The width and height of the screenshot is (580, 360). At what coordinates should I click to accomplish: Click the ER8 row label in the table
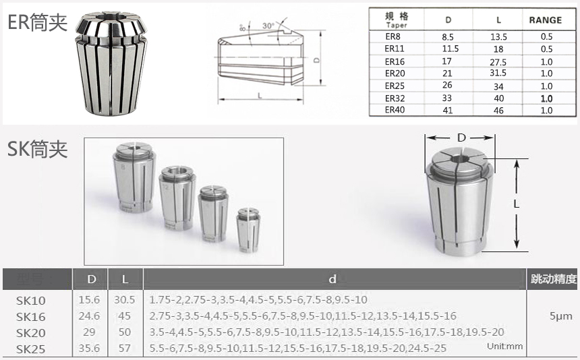[393, 36]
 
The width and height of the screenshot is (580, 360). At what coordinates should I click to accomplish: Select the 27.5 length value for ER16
[498, 62]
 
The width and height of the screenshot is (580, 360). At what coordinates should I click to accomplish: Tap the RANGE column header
[545, 20]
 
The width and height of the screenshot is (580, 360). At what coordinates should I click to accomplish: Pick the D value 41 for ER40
[448, 110]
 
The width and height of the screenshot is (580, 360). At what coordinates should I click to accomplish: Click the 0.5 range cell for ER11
[546, 49]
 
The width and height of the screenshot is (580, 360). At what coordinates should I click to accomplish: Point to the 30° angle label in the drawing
[268, 26]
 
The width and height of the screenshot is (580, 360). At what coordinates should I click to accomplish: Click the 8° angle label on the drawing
[243, 28]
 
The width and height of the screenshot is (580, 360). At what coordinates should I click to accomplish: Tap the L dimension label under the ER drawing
[260, 96]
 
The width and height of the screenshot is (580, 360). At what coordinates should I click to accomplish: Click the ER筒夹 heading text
[37, 22]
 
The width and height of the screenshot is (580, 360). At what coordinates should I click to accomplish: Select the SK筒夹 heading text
[37, 149]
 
